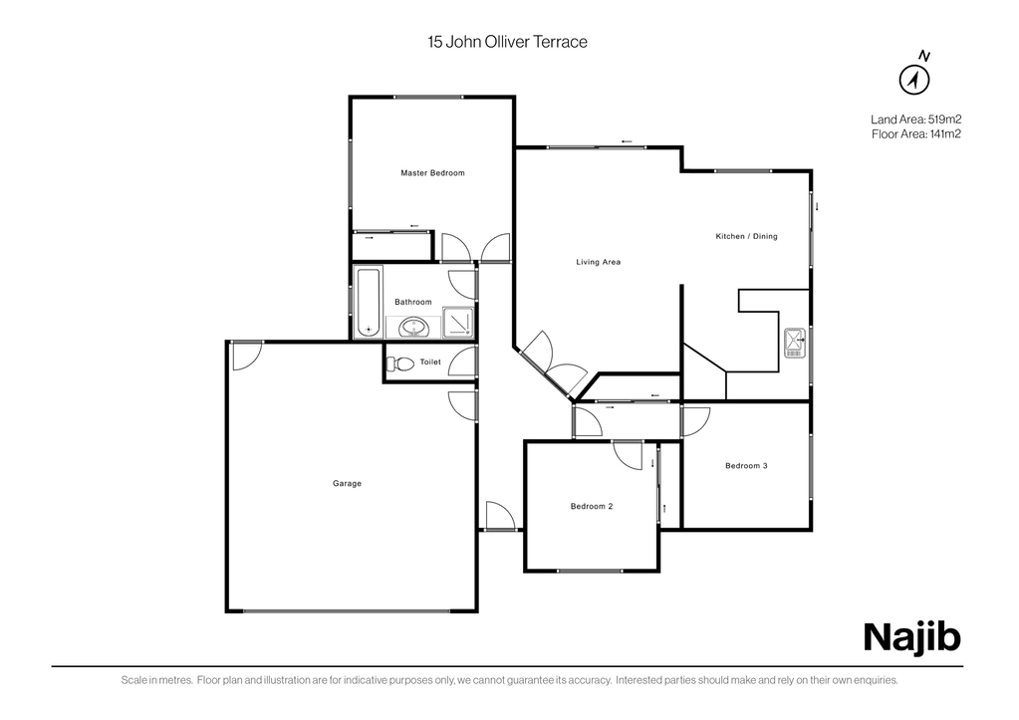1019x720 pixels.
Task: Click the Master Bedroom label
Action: coord(432,173)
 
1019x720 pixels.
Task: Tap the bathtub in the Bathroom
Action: coord(368,302)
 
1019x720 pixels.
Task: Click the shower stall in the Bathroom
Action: coord(459,323)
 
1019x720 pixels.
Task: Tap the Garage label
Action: coord(347,483)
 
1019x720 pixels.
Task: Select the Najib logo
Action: coord(912,637)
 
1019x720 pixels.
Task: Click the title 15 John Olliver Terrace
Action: coord(508,42)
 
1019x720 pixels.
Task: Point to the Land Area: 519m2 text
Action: coord(916,120)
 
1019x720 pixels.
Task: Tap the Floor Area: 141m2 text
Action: coord(916,134)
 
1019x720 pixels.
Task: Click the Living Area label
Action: coord(599,262)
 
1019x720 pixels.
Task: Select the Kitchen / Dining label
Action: coord(747,236)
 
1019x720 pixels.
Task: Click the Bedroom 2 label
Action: coord(592,506)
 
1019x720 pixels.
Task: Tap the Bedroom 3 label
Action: coord(747,465)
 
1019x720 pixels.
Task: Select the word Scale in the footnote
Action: coord(131,681)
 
